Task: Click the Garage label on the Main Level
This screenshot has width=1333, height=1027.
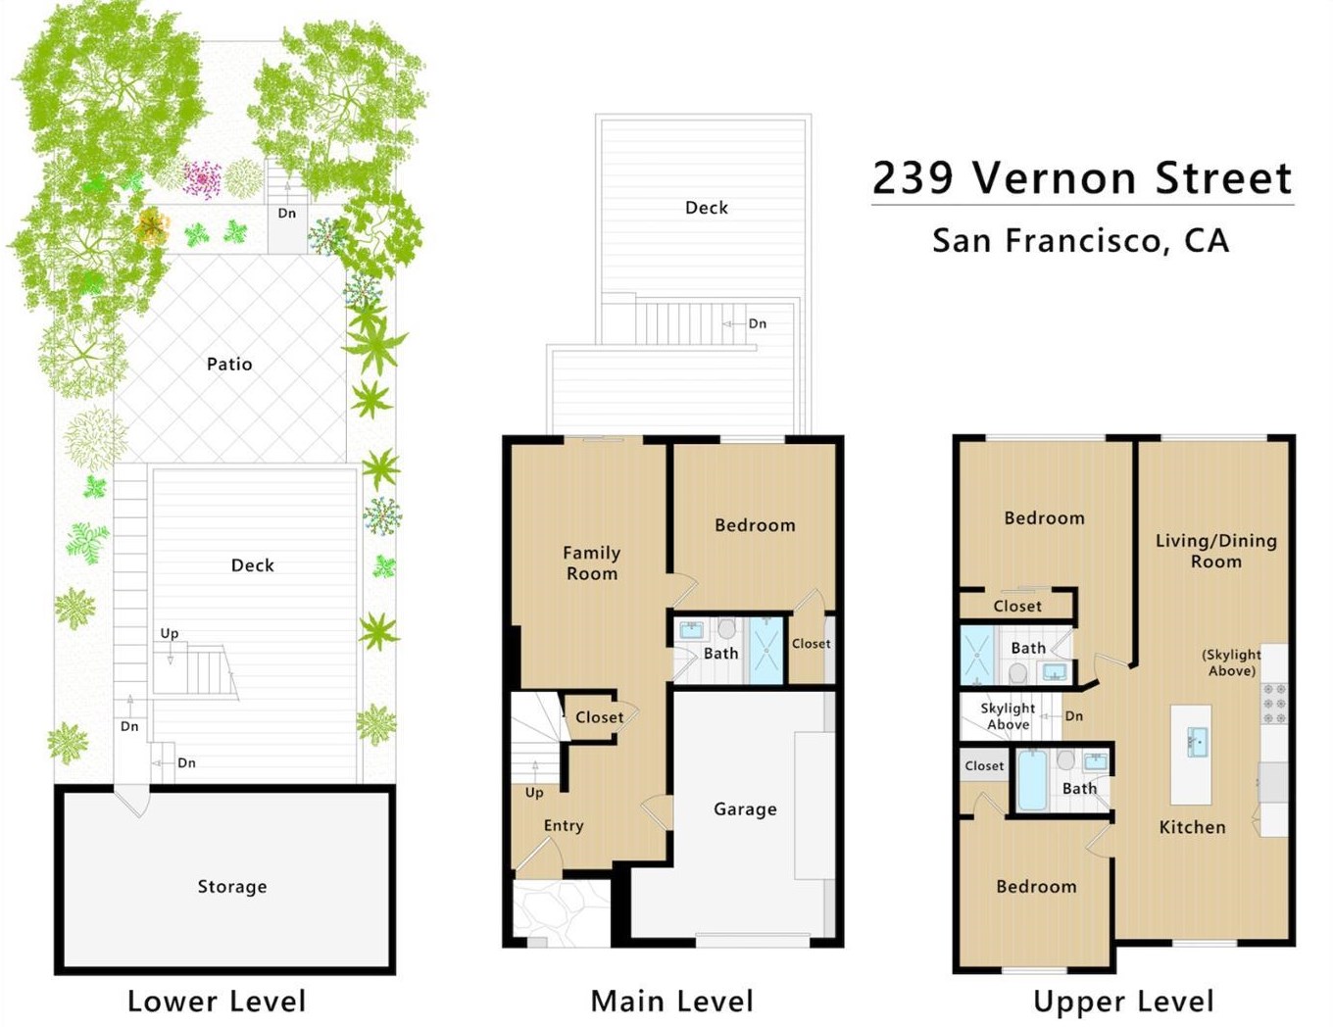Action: [745, 809]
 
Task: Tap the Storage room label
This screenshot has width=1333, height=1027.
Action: [232, 887]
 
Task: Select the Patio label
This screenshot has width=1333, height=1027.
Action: [229, 365]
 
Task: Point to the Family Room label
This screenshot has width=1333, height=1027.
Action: [592, 562]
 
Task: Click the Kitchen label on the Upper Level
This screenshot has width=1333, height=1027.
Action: [1193, 827]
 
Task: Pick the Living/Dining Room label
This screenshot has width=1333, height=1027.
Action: [1215, 551]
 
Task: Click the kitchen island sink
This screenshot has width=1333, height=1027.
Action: [1195, 743]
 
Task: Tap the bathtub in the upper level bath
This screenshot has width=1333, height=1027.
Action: [1032, 779]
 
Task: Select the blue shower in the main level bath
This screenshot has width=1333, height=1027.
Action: [766, 651]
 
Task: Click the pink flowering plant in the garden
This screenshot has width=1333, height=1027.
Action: [203, 179]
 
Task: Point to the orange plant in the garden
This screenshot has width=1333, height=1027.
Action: [152, 226]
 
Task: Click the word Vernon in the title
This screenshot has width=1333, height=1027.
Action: [1054, 177]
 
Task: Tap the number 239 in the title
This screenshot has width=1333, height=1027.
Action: [913, 177]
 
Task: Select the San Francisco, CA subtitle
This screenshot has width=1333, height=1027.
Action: [1081, 240]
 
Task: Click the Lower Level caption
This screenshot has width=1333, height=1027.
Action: [217, 1002]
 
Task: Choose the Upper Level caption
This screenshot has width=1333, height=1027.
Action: [1124, 1002]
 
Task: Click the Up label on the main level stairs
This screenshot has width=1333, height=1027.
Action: [534, 794]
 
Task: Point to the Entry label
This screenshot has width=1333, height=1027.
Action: [564, 826]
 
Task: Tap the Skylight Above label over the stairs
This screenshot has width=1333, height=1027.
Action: [1008, 716]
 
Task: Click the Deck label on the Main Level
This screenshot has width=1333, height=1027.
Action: [707, 208]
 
